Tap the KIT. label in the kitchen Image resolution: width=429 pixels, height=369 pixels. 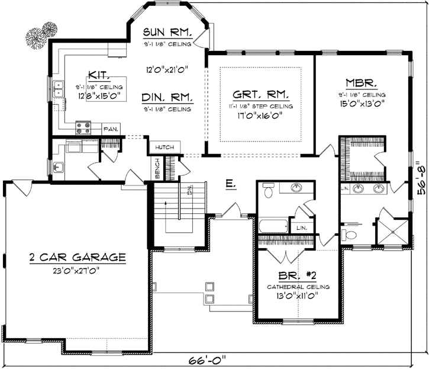pyautogui.click(x=98, y=75)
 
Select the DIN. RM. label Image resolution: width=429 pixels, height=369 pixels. pyautogui.click(x=167, y=97)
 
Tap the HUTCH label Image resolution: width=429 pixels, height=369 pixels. pyautogui.click(x=163, y=146)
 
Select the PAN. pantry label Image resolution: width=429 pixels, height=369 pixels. pyautogui.click(x=111, y=129)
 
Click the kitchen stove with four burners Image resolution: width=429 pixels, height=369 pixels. pyautogui.click(x=82, y=126)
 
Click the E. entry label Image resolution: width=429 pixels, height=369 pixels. pyautogui.click(x=230, y=185)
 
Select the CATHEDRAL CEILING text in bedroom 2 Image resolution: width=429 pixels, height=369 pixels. pyautogui.click(x=298, y=287)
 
